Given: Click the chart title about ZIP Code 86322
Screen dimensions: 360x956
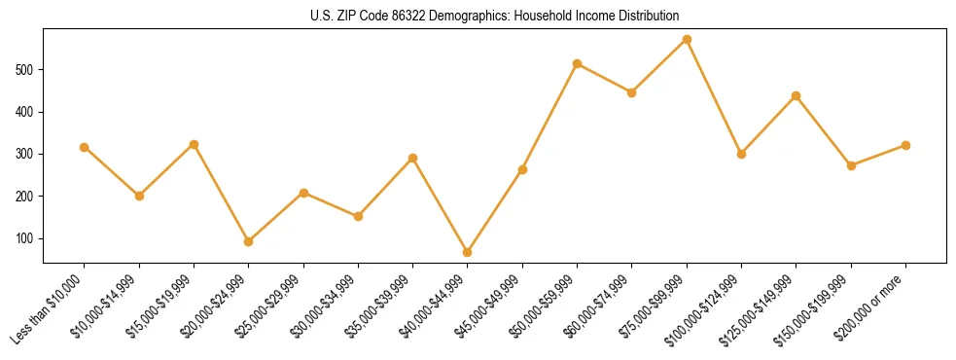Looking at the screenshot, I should point(494,16).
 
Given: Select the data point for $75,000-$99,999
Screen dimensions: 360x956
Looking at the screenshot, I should point(687,40).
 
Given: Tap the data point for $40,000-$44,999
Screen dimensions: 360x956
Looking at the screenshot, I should point(468,252).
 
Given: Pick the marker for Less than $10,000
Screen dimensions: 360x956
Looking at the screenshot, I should point(85,147).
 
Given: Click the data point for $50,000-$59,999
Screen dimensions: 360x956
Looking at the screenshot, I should point(578,64).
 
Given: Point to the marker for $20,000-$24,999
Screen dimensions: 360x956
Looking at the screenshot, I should point(249,241).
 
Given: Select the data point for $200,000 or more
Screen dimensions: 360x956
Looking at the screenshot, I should point(905,145).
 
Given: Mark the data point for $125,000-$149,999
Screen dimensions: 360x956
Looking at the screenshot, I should point(797,95).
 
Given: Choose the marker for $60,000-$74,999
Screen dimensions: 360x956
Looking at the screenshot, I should point(632,92).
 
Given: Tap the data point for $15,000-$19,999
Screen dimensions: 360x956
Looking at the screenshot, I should point(194,144).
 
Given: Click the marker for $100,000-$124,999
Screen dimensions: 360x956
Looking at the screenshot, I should point(741,154).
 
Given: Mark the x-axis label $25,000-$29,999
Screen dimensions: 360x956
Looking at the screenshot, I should point(271,306).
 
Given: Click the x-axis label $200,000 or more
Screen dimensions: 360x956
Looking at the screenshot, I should point(873,306).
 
